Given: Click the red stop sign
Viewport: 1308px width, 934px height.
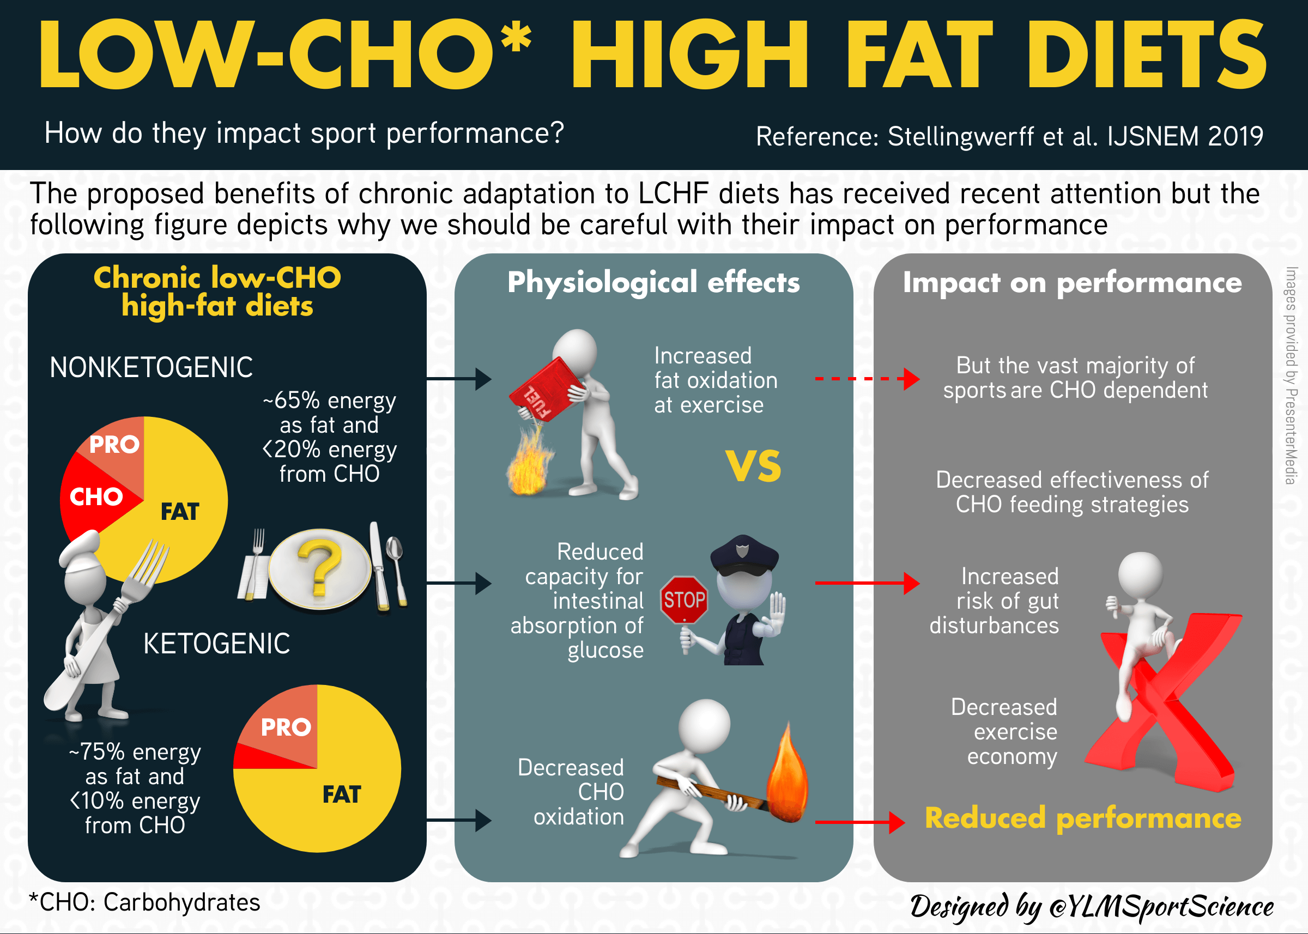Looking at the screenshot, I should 684,600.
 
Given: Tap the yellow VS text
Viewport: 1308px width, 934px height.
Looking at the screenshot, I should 753,466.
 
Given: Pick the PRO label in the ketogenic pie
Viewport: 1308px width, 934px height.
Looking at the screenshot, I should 286,727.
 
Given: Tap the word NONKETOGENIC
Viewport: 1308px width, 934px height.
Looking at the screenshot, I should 152,367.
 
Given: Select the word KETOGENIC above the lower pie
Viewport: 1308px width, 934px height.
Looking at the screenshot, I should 216,644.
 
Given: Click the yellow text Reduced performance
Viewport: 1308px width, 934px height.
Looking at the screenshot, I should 1083,818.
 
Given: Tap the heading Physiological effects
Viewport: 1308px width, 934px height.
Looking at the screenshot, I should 653,282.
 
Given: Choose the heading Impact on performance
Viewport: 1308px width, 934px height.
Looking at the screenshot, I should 1072,282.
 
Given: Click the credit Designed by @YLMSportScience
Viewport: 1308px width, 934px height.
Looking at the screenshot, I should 1091,906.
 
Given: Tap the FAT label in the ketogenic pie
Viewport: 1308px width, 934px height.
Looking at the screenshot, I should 342,795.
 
